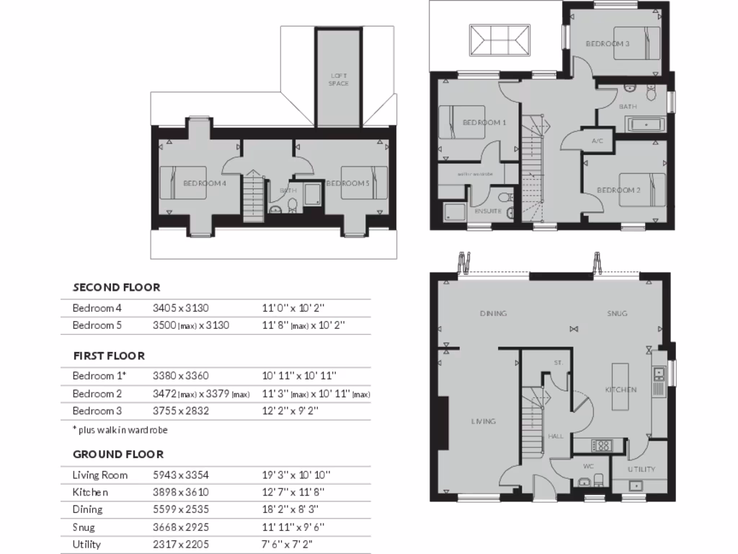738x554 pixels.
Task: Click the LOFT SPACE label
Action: click(x=338, y=80)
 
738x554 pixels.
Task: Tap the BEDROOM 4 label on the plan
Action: click(x=205, y=183)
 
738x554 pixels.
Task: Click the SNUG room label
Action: click(x=617, y=314)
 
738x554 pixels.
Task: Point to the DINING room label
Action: click(x=494, y=314)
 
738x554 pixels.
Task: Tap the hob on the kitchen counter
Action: click(x=602, y=445)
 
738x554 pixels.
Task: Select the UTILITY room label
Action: click(x=641, y=469)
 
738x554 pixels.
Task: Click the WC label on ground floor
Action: click(x=587, y=465)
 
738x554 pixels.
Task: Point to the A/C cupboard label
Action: click(x=597, y=141)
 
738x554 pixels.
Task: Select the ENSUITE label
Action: click(x=488, y=211)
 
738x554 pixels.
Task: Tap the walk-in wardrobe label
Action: click(x=474, y=174)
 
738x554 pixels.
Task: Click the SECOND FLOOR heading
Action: click(x=116, y=287)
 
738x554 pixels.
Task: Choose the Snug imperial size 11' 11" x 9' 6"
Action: click(x=292, y=527)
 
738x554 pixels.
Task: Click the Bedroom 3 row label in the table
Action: click(x=97, y=410)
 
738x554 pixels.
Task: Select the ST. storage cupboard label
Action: click(x=558, y=362)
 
